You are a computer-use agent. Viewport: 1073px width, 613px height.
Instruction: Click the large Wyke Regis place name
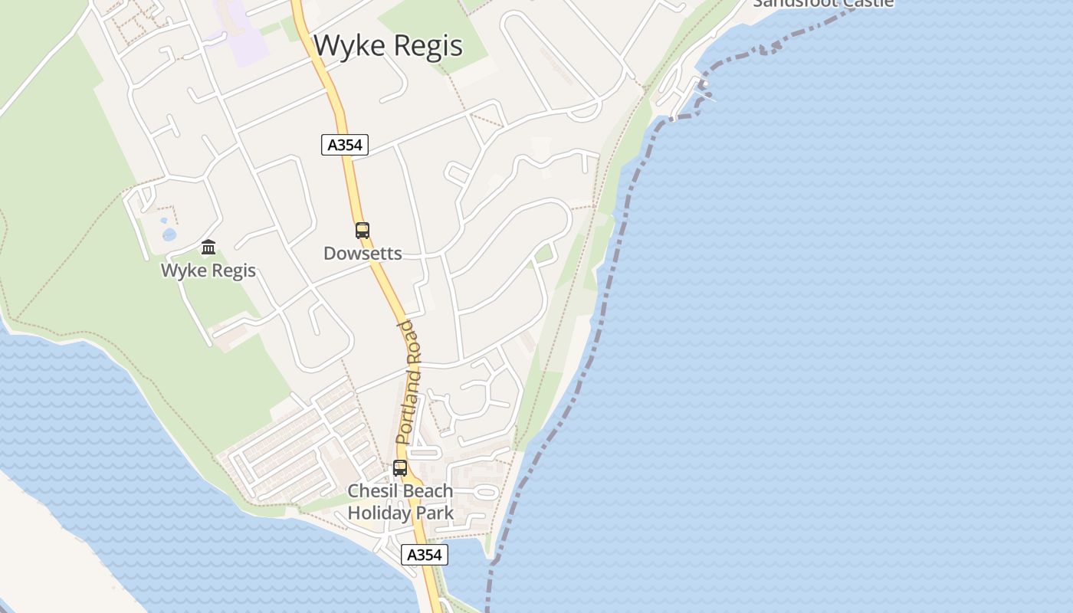(x=388, y=46)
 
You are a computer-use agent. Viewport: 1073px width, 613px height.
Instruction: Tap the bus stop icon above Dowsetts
(x=363, y=230)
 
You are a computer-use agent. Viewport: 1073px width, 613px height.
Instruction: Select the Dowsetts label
(x=363, y=254)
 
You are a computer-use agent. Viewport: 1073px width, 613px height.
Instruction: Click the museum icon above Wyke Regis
(x=208, y=247)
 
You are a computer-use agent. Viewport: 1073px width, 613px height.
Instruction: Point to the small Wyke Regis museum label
(x=208, y=270)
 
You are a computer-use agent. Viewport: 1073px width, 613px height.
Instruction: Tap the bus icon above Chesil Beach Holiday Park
(x=400, y=467)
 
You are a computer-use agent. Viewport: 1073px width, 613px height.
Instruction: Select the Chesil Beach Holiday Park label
(x=401, y=502)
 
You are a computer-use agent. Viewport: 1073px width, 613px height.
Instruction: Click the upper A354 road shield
(x=345, y=145)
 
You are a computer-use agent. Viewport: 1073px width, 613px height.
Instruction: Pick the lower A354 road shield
(x=424, y=555)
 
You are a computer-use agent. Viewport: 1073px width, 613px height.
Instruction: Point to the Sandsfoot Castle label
(x=823, y=3)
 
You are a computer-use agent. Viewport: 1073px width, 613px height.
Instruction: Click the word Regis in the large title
(x=428, y=47)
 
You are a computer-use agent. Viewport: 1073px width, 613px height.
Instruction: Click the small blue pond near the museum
(x=169, y=234)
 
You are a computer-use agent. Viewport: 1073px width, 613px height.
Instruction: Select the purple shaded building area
(x=243, y=34)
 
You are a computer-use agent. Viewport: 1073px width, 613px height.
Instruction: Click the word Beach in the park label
(x=428, y=490)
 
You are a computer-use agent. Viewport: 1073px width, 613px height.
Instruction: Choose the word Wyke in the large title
(x=347, y=46)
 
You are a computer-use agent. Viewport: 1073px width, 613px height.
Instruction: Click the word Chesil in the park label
(x=372, y=490)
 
